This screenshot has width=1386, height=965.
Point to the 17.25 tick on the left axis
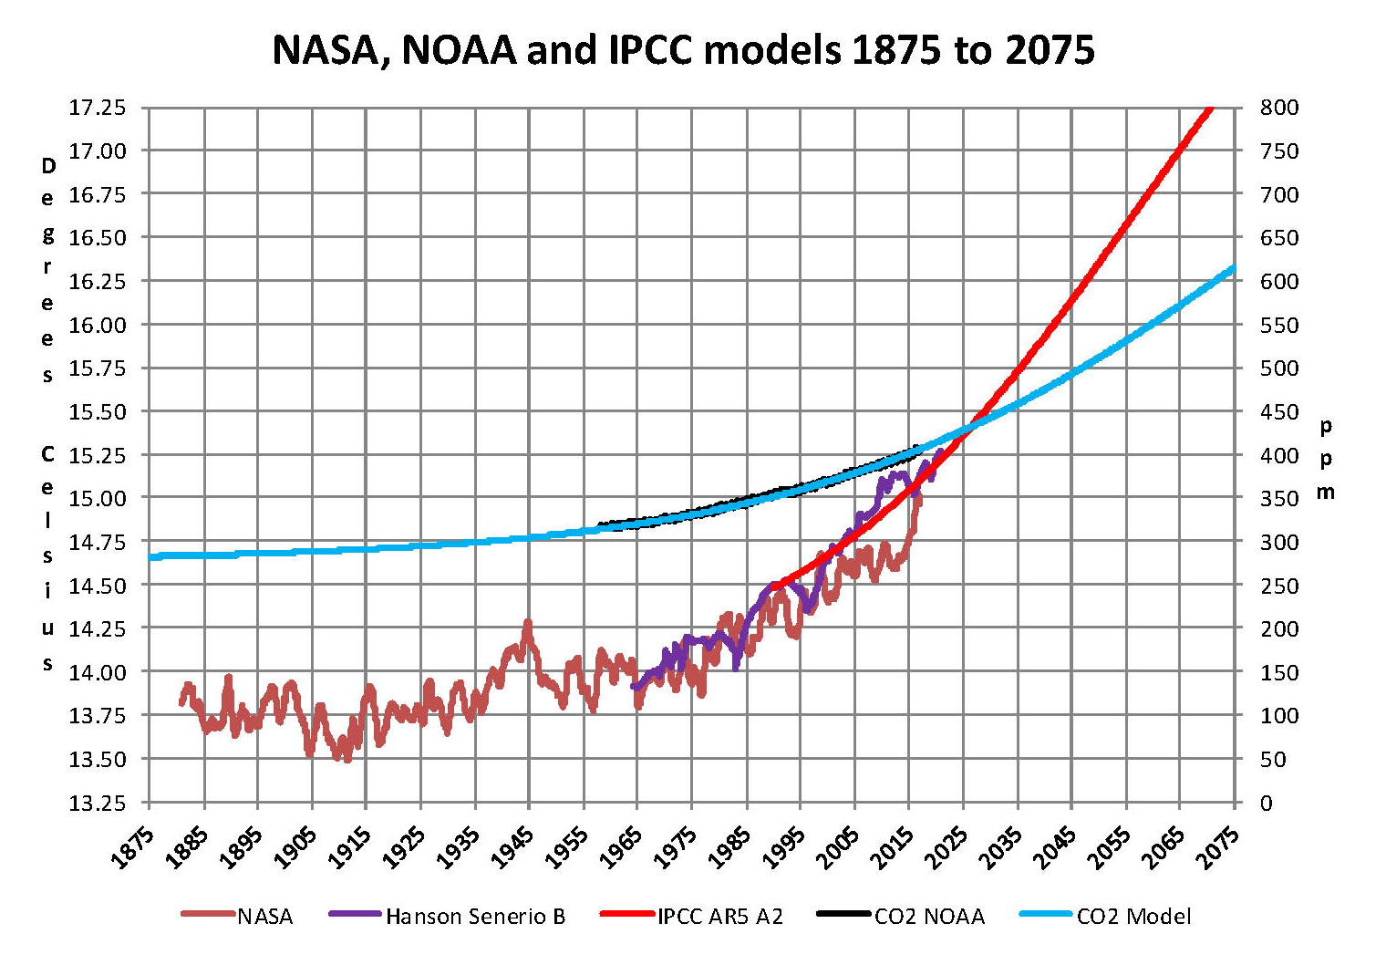click(x=98, y=108)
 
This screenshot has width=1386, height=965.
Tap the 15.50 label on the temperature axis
click(x=98, y=411)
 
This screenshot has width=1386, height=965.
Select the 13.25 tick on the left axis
click(x=98, y=803)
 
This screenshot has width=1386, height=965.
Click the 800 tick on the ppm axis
click(x=1278, y=108)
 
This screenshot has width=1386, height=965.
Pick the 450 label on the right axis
click(x=1278, y=411)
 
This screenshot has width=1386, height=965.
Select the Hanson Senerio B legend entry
click(x=475, y=917)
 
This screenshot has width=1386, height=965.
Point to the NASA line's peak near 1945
click(x=527, y=624)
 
